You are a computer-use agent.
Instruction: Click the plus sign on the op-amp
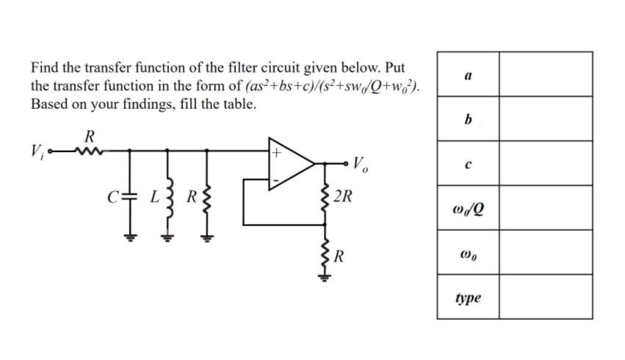[277, 154]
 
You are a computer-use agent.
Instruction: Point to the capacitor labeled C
[130, 198]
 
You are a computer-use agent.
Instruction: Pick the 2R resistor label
[343, 197]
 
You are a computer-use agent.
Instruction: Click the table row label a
[468, 74]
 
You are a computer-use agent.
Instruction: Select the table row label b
[468, 119]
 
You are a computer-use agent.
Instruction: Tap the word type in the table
[468, 298]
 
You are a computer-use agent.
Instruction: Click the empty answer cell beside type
[546, 298]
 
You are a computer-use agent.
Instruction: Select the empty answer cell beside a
[546, 74]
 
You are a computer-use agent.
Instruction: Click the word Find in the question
[44, 68]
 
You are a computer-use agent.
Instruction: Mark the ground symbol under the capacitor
[130, 237]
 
